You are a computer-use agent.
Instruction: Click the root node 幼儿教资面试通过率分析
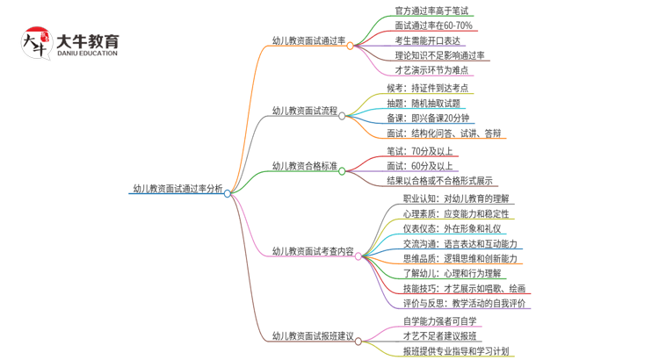[177, 188]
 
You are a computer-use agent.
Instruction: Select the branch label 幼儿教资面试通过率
[308, 40]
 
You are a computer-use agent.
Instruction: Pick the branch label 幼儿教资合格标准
[304, 165]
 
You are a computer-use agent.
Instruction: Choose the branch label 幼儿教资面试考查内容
[313, 251]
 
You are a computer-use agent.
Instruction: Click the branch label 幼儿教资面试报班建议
[313, 335]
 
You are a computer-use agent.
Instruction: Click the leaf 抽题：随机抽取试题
[424, 104]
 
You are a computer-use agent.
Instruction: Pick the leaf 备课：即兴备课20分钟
[428, 119]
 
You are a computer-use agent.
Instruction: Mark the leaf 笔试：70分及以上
[420, 151]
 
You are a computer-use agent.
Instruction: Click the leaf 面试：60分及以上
[420, 166]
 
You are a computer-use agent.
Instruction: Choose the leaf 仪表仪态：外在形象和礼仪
[449, 228]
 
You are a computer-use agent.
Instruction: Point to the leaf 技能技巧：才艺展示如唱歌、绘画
[465, 288]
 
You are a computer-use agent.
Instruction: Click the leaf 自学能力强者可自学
[433, 320]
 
